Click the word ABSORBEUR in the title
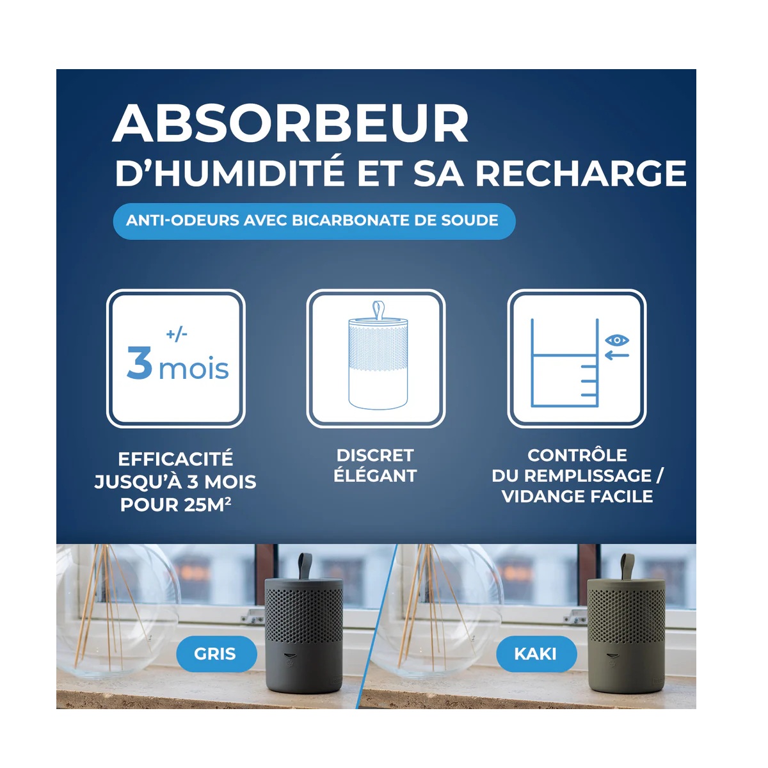coord(290,123)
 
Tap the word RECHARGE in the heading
coord(580,173)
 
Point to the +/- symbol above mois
coord(177,334)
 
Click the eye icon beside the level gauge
coord(616,340)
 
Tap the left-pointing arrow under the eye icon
coord(616,355)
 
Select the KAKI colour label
coord(536,653)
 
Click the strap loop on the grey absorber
coord(305,566)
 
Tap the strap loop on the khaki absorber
coord(627,566)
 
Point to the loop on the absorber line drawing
coord(378,311)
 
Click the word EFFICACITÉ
coord(175,459)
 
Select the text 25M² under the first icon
coord(207,505)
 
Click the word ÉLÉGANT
coord(375,476)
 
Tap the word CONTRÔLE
coord(577,455)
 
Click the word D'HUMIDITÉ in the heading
coord(230,173)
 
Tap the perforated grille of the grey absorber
coord(304,614)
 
